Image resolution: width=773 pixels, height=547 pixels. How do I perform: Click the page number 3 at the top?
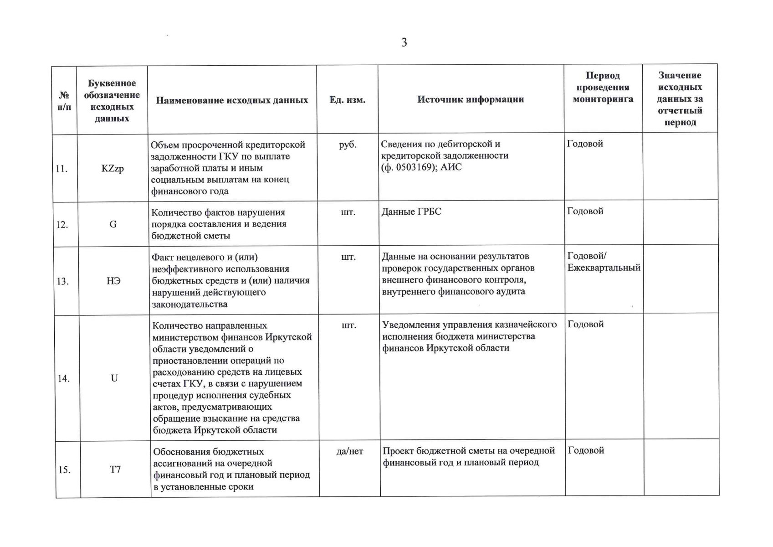click(404, 42)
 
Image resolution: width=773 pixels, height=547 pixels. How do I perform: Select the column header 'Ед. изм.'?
click(347, 100)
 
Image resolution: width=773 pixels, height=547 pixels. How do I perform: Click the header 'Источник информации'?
click(471, 99)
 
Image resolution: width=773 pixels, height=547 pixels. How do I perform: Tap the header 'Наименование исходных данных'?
click(232, 100)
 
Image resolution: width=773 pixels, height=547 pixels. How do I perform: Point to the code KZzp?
click(113, 169)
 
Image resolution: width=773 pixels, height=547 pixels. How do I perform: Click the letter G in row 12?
click(113, 224)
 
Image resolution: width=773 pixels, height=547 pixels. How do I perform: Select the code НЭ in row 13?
click(113, 281)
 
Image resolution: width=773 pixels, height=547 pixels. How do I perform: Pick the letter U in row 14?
click(114, 378)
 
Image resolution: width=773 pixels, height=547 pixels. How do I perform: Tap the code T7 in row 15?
click(115, 469)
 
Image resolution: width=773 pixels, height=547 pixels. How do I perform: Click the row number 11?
click(61, 169)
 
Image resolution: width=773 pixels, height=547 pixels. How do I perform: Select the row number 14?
click(63, 378)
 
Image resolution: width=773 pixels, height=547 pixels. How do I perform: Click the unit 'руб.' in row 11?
click(348, 144)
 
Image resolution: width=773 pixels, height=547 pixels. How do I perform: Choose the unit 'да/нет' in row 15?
click(349, 451)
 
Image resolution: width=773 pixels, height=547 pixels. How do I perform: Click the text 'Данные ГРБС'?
click(411, 212)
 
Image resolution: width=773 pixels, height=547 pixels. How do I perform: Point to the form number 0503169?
click(417, 167)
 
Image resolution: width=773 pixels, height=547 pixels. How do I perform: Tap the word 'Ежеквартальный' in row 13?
click(604, 268)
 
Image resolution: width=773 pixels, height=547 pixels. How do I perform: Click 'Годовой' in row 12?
click(585, 211)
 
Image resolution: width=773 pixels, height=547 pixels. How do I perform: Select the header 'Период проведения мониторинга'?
click(603, 87)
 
